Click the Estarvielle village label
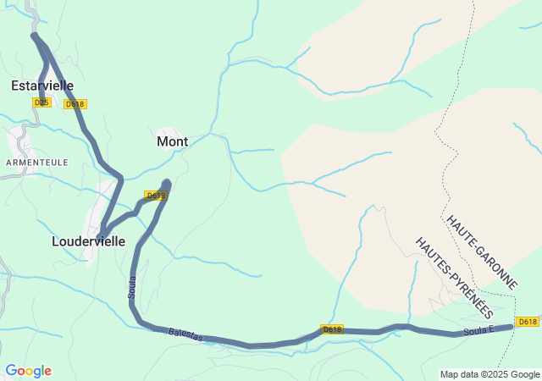click(42, 86)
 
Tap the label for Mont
click(172, 141)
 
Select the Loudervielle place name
click(88, 241)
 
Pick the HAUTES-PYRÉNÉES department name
click(453, 277)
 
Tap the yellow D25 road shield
click(41, 102)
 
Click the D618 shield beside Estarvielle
click(75, 104)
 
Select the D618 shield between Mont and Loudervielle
click(156, 196)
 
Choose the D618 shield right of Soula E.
click(528, 322)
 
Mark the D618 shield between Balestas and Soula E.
click(332, 329)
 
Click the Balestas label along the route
click(185, 335)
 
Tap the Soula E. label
click(479, 330)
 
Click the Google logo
click(28, 371)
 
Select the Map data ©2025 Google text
click(489, 374)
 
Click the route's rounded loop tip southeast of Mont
click(167, 183)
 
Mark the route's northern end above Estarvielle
click(35, 36)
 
